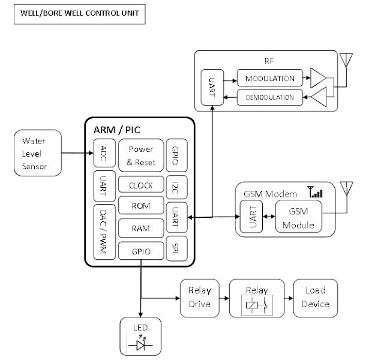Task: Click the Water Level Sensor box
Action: pos(38,153)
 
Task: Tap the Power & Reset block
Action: pos(141,155)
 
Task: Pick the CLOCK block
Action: pos(141,185)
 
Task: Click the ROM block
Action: pos(141,206)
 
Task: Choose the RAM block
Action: pos(141,228)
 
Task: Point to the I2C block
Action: pos(175,185)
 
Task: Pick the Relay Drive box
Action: pos(199,298)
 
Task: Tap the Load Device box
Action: pos(315,298)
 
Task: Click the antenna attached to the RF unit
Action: pos(346,61)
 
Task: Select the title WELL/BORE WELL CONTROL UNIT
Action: pos(79,13)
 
